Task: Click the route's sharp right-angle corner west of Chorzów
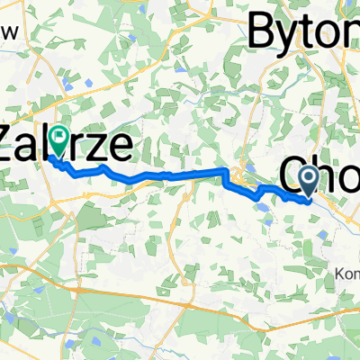click(223, 169)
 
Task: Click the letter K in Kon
click(335, 248)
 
